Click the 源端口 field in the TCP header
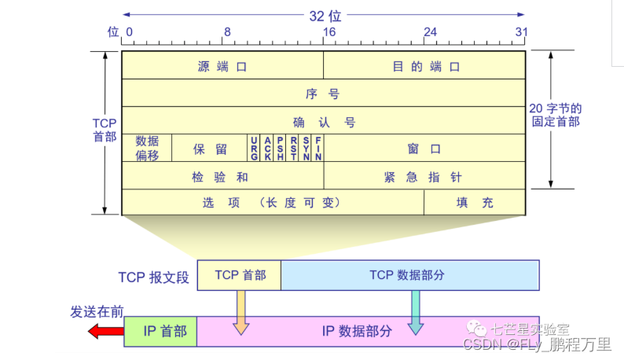(222, 67)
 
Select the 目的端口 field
(424, 67)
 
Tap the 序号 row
(323, 94)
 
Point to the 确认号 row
(323, 121)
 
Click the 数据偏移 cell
(147, 148)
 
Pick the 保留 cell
(210, 148)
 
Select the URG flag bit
(254, 148)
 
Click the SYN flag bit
(306, 148)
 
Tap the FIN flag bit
(318, 148)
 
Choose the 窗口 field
(424, 148)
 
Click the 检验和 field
(222, 176)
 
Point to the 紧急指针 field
(424, 176)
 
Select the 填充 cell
(475, 202)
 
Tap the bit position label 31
(520, 32)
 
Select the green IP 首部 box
(160, 331)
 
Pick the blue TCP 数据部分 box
(409, 275)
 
